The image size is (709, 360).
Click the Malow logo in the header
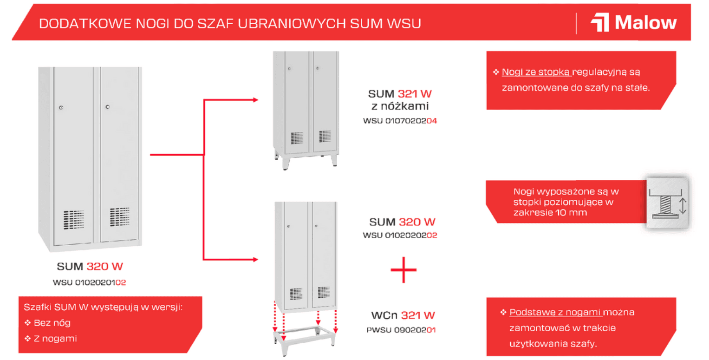coord(634,22)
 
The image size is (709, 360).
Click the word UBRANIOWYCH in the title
coord(292,24)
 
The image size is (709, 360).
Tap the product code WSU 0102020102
coord(90,282)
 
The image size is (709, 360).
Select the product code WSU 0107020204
coord(400,121)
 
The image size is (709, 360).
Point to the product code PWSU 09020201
coord(401,330)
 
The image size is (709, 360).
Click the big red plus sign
coord(403,270)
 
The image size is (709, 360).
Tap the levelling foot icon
coord(668,203)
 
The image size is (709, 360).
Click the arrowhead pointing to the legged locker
coord(255,100)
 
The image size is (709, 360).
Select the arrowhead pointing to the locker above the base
coord(255,260)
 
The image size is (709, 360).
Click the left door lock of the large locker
coord(61,108)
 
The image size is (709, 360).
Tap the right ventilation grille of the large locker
coord(120,217)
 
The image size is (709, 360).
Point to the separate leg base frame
coord(305,340)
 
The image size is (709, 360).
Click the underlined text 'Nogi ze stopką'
coord(536,72)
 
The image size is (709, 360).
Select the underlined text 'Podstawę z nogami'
coord(555,313)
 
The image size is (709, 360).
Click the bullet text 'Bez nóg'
coord(52,323)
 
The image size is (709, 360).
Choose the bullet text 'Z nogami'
coord(55,339)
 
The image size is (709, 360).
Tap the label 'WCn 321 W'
coord(403,315)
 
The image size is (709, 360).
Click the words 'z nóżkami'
coord(400,106)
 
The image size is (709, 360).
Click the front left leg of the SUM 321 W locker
coord(285,163)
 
